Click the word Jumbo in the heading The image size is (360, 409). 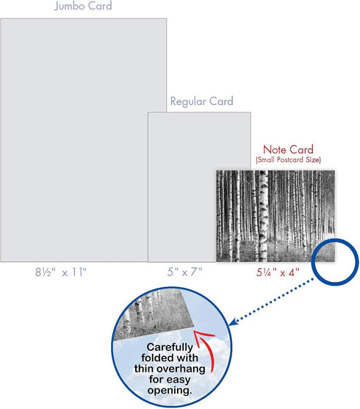click(70, 6)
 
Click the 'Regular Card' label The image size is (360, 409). click(201, 101)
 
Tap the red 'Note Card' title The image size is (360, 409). click(288, 150)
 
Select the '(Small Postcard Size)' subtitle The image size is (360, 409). click(288, 159)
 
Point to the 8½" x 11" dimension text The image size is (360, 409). click(61, 272)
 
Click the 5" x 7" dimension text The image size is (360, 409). click(185, 272)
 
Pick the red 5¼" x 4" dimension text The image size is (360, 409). click(278, 272)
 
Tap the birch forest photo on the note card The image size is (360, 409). click(276, 216)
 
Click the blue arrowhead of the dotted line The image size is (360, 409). click(233, 322)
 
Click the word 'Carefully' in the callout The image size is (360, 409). click(170, 347)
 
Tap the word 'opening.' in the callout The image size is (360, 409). click(170, 390)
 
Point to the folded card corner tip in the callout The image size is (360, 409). click(194, 326)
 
